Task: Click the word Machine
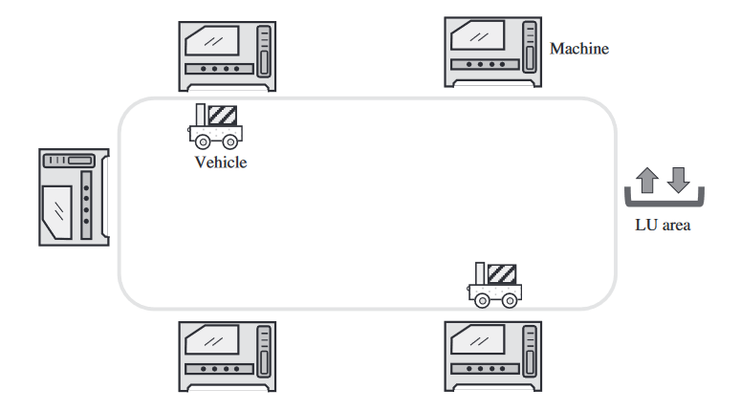point(578,49)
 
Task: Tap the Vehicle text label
point(221,162)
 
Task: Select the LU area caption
point(663,227)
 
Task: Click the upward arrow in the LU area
point(647,179)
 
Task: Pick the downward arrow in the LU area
point(678,179)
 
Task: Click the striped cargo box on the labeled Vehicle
point(223,115)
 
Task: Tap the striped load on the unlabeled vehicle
point(501,274)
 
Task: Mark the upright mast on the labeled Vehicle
point(200,115)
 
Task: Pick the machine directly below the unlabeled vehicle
point(493,354)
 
